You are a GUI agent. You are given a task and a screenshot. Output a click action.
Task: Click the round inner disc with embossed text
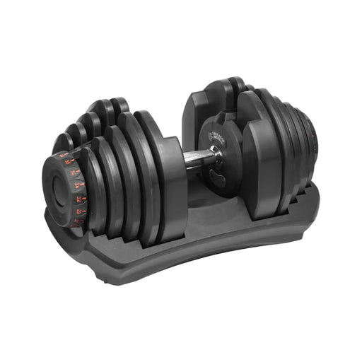click(215, 134)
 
